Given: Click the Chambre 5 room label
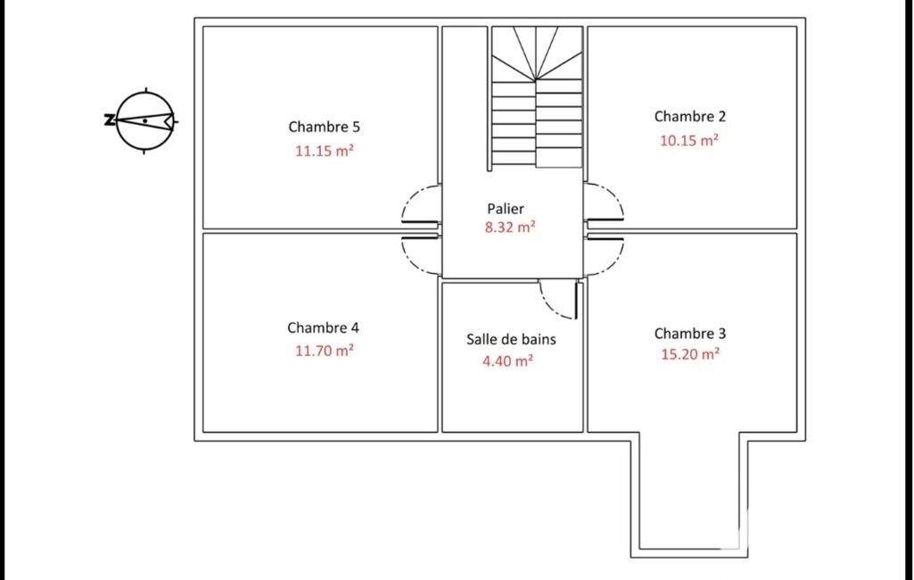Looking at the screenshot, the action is pyautogui.click(x=324, y=127).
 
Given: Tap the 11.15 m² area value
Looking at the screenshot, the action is pyautogui.click(x=324, y=151).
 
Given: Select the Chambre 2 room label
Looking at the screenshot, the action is pyautogui.click(x=689, y=116).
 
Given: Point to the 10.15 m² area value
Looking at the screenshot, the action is pyautogui.click(x=689, y=140).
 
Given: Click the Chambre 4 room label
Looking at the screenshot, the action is pyautogui.click(x=323, y=327).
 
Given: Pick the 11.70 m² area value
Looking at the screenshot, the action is pyautogui.click(x=324, y=350).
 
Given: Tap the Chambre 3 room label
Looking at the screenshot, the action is pyautogui.click(x=689, y=333).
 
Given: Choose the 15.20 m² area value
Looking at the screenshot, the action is pyautogui.click(x=689, y=353).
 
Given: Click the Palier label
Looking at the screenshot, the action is pyautogui.click(x=506, y=208).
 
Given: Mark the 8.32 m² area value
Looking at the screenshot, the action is pyautogui.click(x=510, y=227).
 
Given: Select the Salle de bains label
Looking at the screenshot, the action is pyautogui.click(x=511, y=339).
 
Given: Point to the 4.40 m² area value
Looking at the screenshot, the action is pyautogui.click(x=507, y=360).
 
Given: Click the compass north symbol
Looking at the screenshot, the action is pyautogui.click(x=145, y=121).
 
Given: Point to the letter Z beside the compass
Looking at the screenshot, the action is pyautogui.click(x=109, y=120).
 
